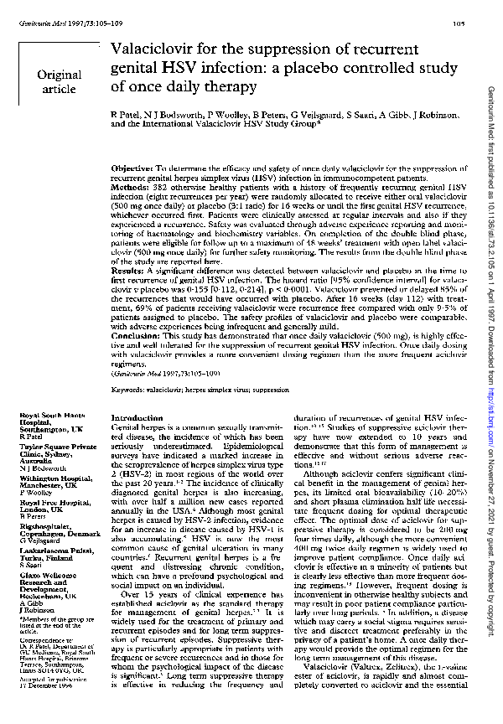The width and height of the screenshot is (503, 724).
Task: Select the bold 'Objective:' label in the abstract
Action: tap(132, 169)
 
